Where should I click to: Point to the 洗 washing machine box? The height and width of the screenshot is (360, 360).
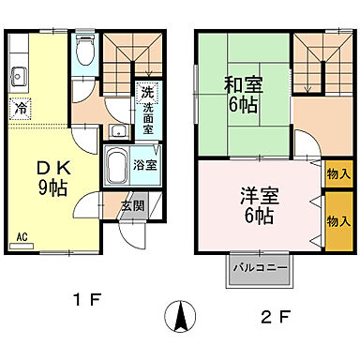pyautogui.click(x=146, y=94)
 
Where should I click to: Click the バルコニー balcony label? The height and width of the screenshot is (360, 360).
pyautogui.click(x=258, y=270)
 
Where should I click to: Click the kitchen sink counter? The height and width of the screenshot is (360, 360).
pyautogui.click(x=20, y=74)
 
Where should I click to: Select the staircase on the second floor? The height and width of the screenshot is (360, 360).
pyautogui.click(x=318, y=61)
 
